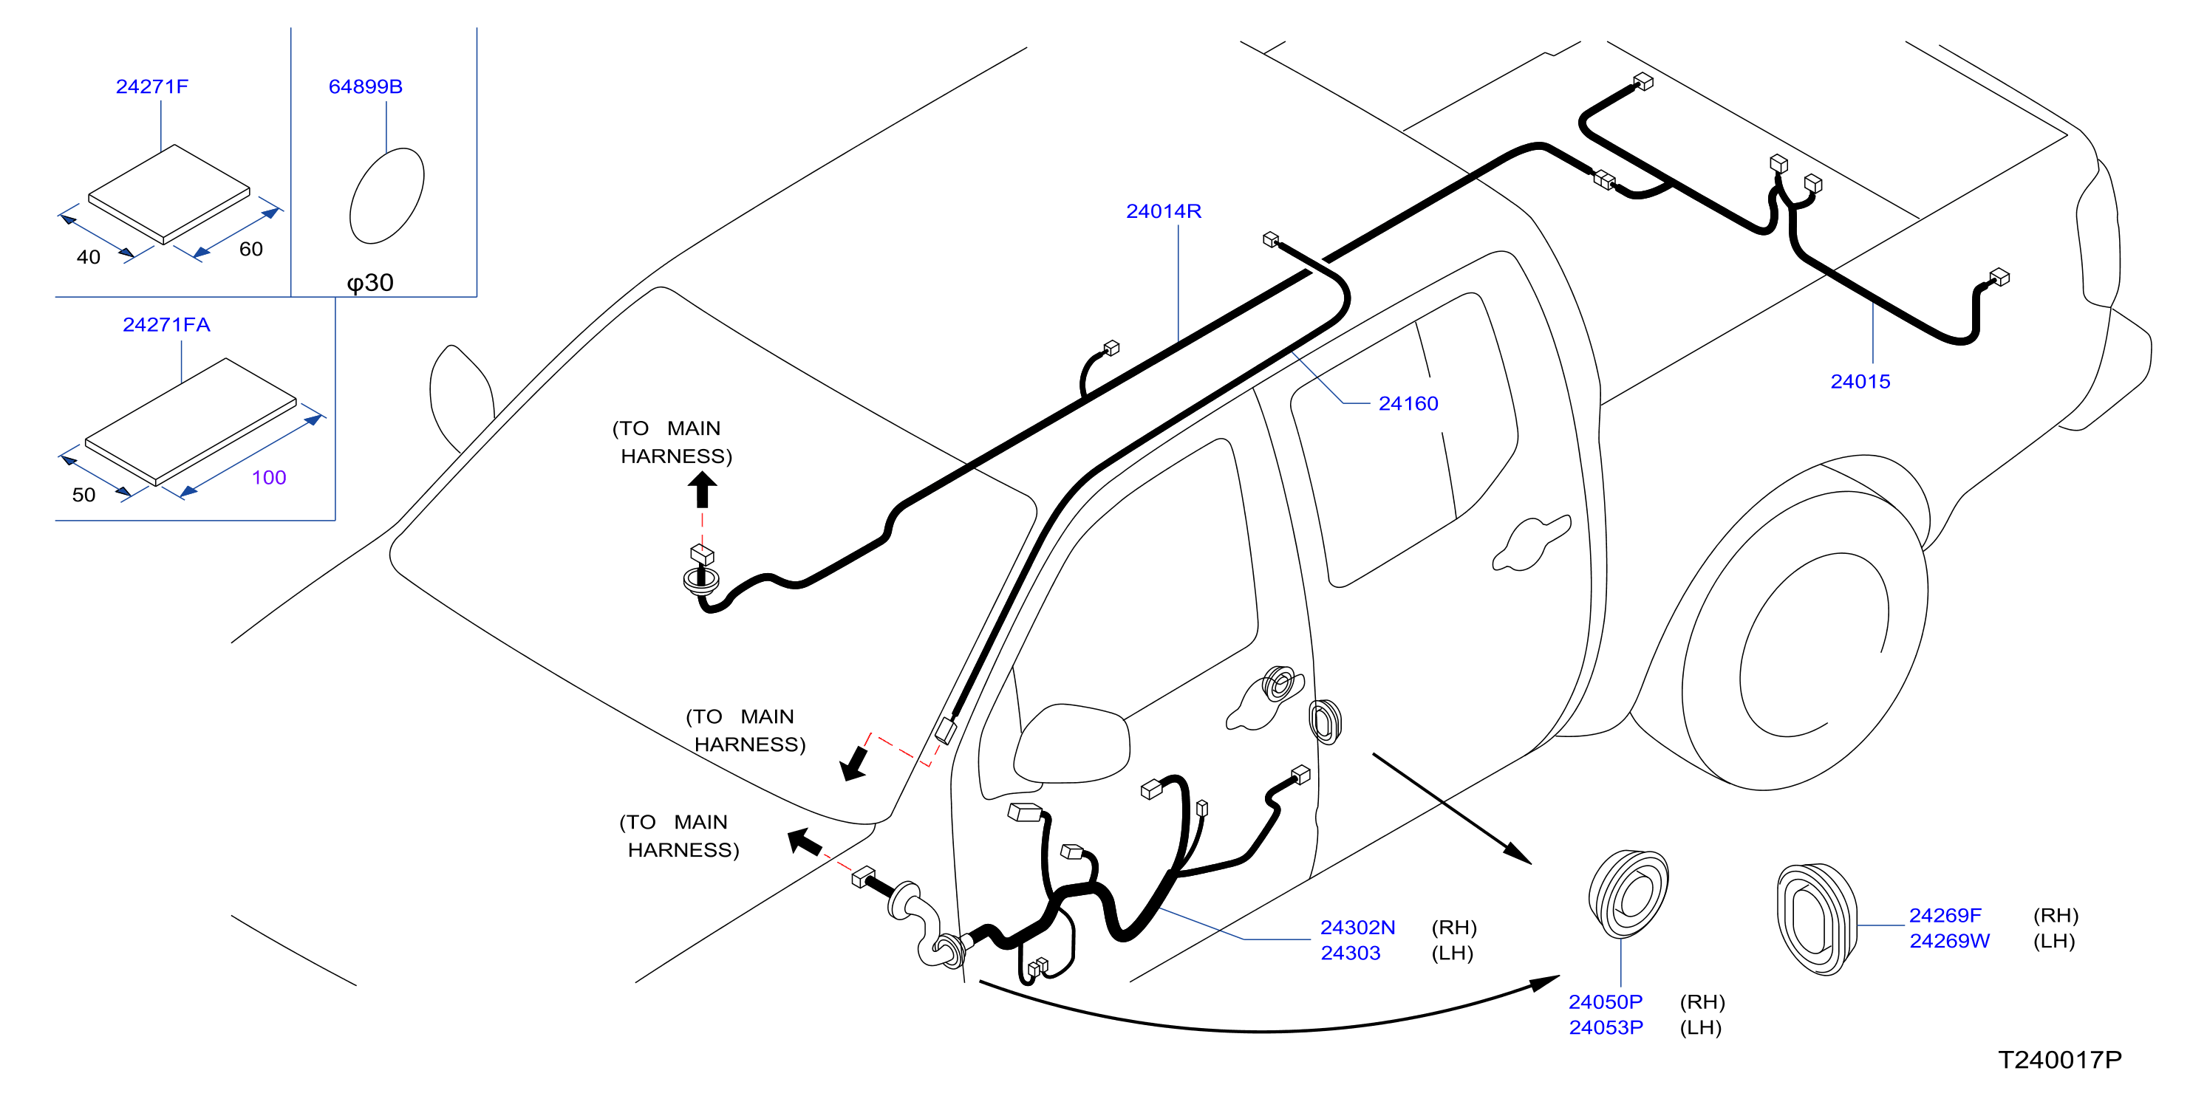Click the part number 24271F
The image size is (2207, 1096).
(151, 86)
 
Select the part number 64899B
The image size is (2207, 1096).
(366, 86)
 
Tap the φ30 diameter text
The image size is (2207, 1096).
(370, 283)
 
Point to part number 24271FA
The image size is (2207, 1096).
(166, 324)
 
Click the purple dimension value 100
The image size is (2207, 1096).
(269, 478)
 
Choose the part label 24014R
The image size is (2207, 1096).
(1164, 210)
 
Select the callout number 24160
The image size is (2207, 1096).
(1408, 403)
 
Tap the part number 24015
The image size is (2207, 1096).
(1860, 382)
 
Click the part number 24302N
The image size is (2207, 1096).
(1358, 928)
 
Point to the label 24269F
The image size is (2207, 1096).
(1945, 915)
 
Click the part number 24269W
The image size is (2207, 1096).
(1949, 941)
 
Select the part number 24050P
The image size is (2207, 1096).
(1606, 1001)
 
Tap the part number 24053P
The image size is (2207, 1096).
(1606, 1027)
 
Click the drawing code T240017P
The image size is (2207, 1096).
(2060, 1060)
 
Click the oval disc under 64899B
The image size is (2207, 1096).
(386, 196)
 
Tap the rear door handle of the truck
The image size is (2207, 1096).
(1532, 543)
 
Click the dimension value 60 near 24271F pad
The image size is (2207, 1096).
(250, 249)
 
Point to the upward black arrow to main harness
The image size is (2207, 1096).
(703, 490)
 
